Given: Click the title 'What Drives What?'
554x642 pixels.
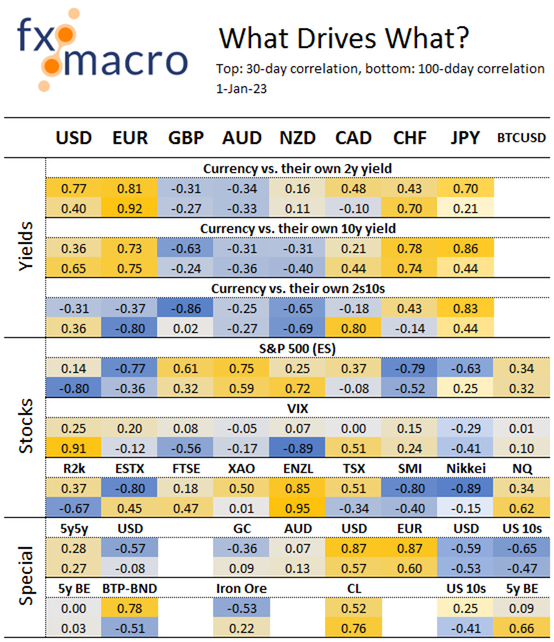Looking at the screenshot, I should click(x=344, y=38).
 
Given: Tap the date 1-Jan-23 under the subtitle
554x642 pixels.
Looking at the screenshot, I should click(x=241, y=89).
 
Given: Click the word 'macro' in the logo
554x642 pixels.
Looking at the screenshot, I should click(x=125, y=61).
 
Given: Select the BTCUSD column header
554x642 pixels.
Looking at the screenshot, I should click(x=521, y=138).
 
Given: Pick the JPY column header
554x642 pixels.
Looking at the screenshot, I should click(x=465, y=138).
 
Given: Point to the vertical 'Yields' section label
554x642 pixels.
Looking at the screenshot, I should click(x=26, y=247).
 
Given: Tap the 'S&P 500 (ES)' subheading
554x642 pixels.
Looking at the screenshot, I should click(x=297, y=348).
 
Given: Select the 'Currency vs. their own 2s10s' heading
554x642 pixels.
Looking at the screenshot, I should click(x=297, y=288).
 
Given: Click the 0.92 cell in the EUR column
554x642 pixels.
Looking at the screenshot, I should click(x=129, y=208).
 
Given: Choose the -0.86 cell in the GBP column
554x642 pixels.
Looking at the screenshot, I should click(x=185, y=308).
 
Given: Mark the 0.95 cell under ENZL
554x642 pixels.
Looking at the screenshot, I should click(x=297, y=508).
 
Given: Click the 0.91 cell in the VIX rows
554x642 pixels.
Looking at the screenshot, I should click(x=73, y=448).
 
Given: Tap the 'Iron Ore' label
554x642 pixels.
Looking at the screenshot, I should click(x=241, y=588).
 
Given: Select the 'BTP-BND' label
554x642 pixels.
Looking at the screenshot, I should click(x=129, y=588).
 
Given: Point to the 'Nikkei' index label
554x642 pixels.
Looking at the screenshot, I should click(x=465, y=468).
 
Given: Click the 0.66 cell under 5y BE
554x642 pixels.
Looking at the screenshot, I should click(x=521, y=628).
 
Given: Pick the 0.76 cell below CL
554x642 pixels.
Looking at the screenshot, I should click(x=353, y=628).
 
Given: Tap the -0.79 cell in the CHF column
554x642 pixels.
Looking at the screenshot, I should click(x=409, y=368).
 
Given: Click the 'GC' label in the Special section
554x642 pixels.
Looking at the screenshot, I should click(x=241, y=528).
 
